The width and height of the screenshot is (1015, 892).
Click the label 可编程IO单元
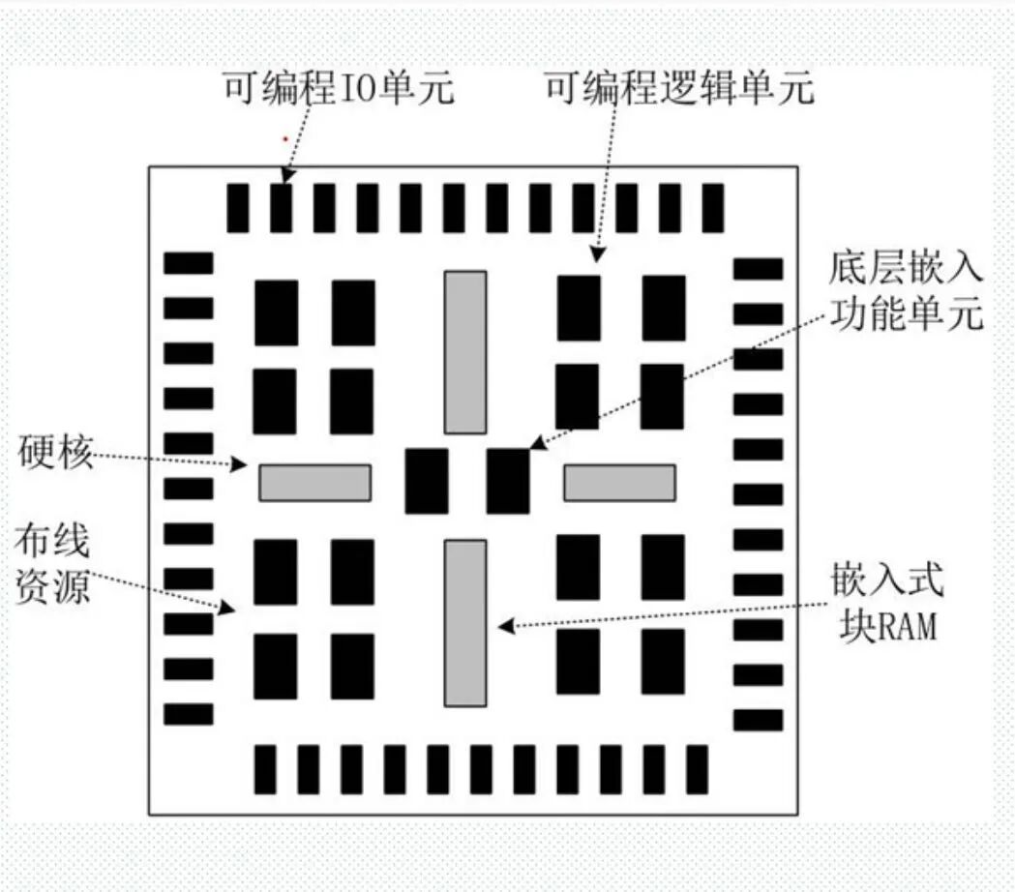tap(339, 90)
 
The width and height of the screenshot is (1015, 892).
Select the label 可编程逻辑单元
tap(679, 90)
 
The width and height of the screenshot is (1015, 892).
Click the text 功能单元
tap(906, 313)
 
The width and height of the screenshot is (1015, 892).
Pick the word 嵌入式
tap(886, 581)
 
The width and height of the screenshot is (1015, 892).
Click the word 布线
tap(52, 543)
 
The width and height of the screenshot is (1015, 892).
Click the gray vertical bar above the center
tap(465, 352)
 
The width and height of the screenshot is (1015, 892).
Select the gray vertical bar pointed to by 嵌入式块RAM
tap(465, 623)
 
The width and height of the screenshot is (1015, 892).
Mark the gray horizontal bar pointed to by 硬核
tap(314, 483)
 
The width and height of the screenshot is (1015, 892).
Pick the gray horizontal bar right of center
tap(620, 483)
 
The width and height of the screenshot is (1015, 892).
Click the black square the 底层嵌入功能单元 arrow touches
tap(508, 481)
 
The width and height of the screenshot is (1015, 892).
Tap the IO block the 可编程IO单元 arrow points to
tap(281, 207)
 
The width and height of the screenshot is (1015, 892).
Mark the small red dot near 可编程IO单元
tap(284, 139)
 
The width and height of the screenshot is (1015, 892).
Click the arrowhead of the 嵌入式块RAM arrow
tap(504, 626)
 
